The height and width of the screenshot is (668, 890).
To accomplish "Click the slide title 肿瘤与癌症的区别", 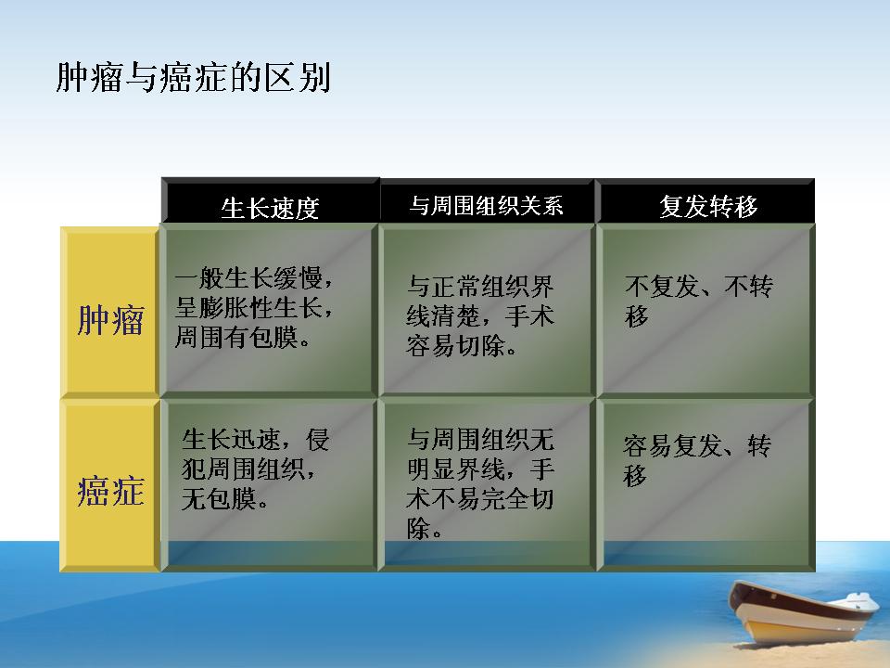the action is [x=194, y=77].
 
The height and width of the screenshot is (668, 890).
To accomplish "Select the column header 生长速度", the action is [x=270, y=207].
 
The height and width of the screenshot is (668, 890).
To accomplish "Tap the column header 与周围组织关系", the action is [x=487, y=205].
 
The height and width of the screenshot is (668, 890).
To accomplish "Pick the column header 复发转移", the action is [x=708, y=206].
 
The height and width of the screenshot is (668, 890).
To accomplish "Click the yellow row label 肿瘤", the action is [x=110, y=320].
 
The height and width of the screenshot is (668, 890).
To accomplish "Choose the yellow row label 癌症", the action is [x=110, y=490].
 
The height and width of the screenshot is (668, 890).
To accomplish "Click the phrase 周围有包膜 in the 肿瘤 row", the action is [x=236, y=337].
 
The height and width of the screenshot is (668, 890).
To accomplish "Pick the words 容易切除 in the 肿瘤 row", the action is [x=455, y=345].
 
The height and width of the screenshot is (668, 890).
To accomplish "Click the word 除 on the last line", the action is [x=418, y=528].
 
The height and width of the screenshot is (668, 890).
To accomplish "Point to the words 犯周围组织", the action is [x=243, y=469].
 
